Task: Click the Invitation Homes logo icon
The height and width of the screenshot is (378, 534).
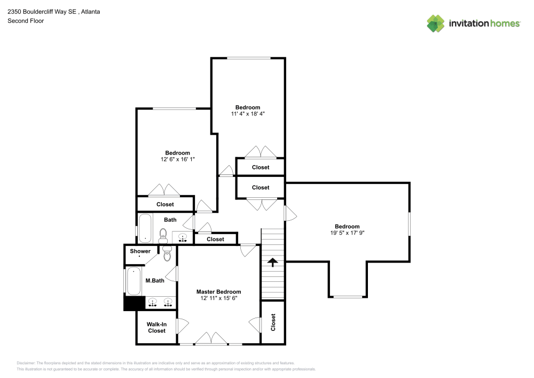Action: click(x=436, y=24)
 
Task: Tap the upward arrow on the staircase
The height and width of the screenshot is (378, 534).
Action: click(x=272, y=262)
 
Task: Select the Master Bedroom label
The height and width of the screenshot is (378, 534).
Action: click(x=218, y=292)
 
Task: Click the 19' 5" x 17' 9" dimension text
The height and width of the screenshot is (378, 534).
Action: click(x=347, y=233)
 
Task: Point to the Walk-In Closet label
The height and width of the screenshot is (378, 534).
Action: click(x=156, y=327)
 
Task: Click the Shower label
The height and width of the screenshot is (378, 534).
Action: click(x=140, y=251)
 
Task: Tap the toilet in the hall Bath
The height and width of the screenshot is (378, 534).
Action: click(x=163, y=234)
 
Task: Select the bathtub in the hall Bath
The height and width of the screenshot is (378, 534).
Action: click(x=145, y=229)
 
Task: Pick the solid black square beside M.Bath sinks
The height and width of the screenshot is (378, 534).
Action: click(x=131, y=303)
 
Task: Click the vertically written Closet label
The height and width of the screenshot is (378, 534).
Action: click(x=273, y=322)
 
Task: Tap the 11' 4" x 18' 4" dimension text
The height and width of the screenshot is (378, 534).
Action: click(x=248, y=114)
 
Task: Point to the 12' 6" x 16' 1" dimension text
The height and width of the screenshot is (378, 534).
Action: click(x=177, y=159)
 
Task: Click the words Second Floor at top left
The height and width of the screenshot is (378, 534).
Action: click(x=26, y=21)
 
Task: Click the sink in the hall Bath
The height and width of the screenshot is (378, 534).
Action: click(x=183, y=237)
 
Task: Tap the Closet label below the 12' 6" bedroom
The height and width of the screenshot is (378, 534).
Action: click(x=165, y=204)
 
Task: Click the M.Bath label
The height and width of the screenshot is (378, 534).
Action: click(x=154, y=281)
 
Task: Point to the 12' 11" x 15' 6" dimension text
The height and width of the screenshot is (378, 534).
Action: click(x=218, y=298)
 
